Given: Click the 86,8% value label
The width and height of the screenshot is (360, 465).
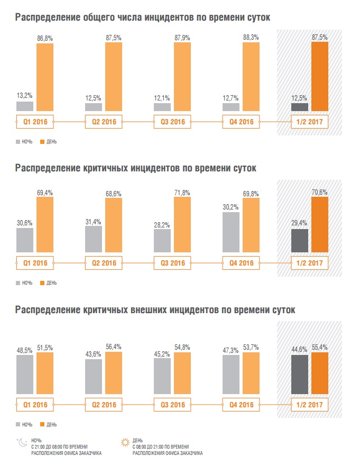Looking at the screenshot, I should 45,39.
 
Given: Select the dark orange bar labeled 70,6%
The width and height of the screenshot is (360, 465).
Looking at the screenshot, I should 320,224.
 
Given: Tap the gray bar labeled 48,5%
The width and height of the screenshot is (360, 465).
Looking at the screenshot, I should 25,375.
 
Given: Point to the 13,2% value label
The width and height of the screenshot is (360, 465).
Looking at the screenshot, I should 25,96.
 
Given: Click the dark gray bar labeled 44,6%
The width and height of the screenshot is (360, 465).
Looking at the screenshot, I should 300,375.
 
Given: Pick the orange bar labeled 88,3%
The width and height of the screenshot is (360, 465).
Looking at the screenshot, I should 251,77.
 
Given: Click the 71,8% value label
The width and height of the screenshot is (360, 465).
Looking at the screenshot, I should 182,193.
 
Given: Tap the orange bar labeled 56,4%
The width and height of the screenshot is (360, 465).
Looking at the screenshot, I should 114,372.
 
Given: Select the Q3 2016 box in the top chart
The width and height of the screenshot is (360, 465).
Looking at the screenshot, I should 172,122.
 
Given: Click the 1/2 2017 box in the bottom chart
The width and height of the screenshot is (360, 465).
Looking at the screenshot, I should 310,405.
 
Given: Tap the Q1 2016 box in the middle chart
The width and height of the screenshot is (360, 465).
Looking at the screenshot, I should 35,263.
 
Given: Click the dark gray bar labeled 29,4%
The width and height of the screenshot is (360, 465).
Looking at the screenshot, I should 300,241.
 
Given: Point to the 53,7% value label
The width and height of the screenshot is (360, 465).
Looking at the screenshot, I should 251,348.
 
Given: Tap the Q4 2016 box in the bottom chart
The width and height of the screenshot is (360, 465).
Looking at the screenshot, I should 241,405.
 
